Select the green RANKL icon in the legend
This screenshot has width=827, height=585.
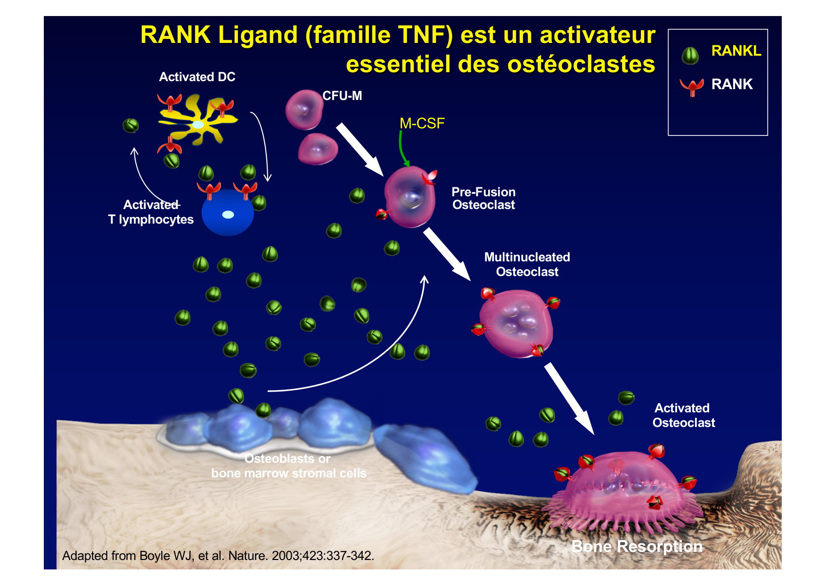pyautogui.click(x=690, y=56)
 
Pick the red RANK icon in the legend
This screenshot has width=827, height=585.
pyautogui.click(x=691, y=86)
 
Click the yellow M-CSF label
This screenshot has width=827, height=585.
pyautogui.click(x=422, y=124)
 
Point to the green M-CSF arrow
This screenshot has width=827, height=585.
pyautogui.click(x=402, y=149)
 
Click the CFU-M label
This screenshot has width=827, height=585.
pyautogui.click(x=342, y=96)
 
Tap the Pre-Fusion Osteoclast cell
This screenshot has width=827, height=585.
pyautogui.click(x=409, y=197)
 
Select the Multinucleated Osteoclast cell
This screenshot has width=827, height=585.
pyautogui.click(x=516, y=323)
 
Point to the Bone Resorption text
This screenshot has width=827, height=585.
pyautogui.click(x=637, y=546)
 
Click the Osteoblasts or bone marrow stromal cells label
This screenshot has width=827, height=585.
pyautogui.click(x=288, y=466)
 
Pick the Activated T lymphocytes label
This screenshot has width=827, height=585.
pyautogui.click(x=151, y=212)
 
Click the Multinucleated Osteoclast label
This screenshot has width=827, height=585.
pyautogui.click(x=527, y=264)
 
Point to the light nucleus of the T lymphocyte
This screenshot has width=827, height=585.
pyautogui.click(x=228, y=215)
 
